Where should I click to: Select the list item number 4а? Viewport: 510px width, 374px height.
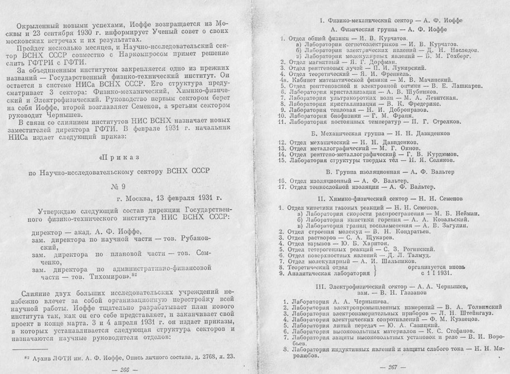[283, 80]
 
